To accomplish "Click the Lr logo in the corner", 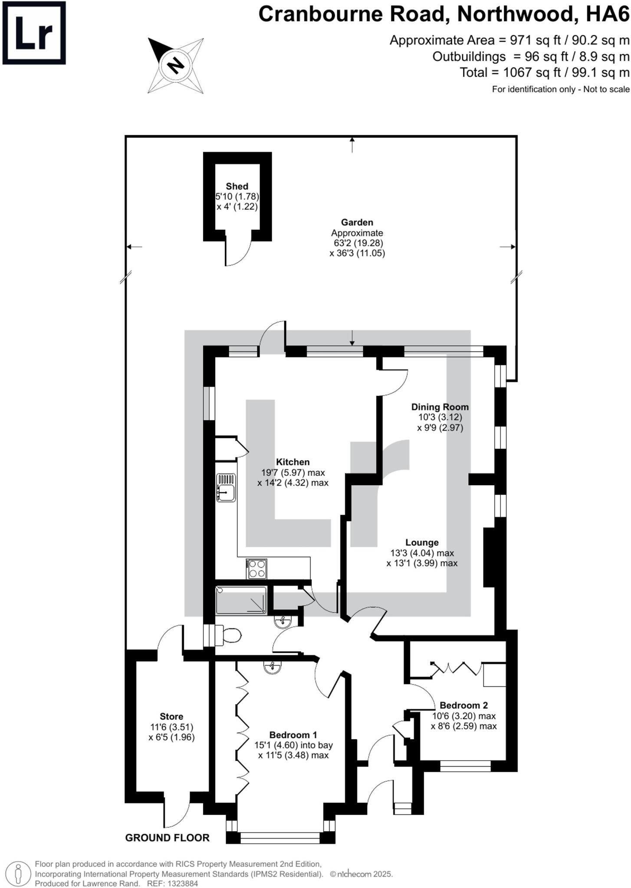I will tap(34, 33).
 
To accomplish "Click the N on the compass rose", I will tap(176, 65).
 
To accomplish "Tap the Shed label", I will tap(237, 186).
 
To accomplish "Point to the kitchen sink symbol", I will tap(226, 488).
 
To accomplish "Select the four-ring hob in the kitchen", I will tap(256, 569).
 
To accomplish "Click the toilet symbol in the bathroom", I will tap(230, 636).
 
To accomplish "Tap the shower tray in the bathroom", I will tap(241, 601).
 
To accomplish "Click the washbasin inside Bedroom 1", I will tap(272, 667).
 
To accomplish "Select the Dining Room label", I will tap(440, 407).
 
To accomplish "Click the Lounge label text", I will tap(422, 542).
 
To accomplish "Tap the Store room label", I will tap(171, 716).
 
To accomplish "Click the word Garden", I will tap(357, 222).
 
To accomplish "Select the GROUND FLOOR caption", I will tap(167, 838).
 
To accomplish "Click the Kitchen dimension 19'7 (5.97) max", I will tap(293, 473).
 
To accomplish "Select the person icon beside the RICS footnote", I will tap(18, 873).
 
